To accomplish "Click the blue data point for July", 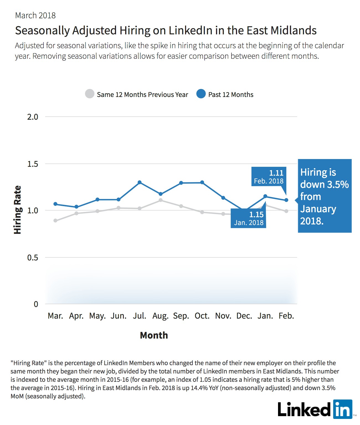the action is (x=140, y=182).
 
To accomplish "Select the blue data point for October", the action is (x=202, y=182).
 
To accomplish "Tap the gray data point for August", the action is (x=161, y=200).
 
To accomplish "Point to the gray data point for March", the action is (x=55, y=221).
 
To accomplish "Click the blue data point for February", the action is (x=286, y=200).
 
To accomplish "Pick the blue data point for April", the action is (x=76, y=207).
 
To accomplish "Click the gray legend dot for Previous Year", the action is (x=90, y=94).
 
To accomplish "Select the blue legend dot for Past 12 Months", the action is (x=201, y=94).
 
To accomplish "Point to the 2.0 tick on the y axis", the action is (x=33, y=117).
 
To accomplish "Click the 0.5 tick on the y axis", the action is (x=33, y=257).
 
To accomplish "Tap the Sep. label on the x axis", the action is (x=181, y=316).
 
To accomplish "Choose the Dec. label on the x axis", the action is (x=244, y=316).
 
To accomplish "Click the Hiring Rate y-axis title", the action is (x=18, y=210).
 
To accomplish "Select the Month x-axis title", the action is (x=154, y=335).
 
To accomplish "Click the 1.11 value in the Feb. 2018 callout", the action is (x=276, y=173).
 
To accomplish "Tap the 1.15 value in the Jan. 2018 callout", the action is (x=256, y=215).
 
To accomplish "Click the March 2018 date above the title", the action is (x=35, y=16).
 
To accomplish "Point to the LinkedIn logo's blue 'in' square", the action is (x=343, y=409).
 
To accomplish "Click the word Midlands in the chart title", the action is (x=294, y=30).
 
